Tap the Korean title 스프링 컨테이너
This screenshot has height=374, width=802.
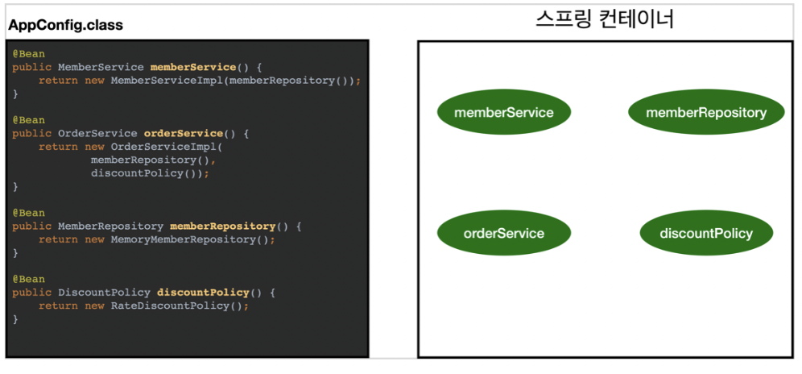pyautogui.click(x=605, y=19)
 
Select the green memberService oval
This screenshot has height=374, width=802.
pyautogui.click(x=504, y=113)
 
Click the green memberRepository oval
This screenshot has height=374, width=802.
pyautogui.click(x=705, y=113)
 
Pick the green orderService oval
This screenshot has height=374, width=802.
pyautogui.click(x=504, y=234)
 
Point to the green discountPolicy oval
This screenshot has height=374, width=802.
pyautogui.click(x=705, y=234)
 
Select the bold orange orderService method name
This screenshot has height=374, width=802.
pyautogui.click(x=183, y=134)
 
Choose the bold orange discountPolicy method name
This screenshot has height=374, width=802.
pyautogui.click(x=203, y=293)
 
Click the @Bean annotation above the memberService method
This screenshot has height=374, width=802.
pyautogui.click(x=28, y=54)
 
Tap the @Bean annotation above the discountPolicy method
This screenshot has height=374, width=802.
pyautogui.click(x=28, y=279)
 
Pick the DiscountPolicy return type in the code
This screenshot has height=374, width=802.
pyautogui.click(x=104, y=293)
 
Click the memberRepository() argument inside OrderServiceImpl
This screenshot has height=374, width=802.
pyautogui.click(x=150, y=160)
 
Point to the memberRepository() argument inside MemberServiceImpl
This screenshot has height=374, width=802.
pyautogui.click(x=285, y=81)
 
